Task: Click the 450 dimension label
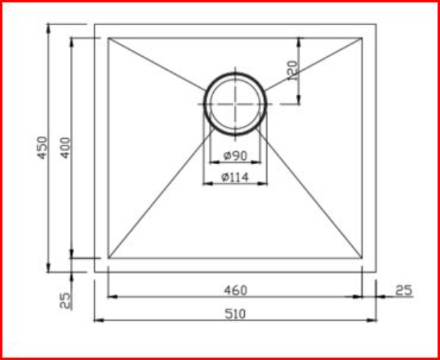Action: (42, 148)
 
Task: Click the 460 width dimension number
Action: (235, 290)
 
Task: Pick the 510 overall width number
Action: (235, 313)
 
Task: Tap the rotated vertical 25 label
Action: (65, 300)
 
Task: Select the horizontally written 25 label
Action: (404, 290)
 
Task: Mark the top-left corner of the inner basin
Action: (108, 38)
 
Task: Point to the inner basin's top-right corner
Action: (362, 38)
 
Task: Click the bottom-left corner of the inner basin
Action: (108, 258)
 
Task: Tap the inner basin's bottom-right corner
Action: (362, 258)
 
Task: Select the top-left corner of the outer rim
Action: (94, 24)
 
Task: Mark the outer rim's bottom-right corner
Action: (376, 272)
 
